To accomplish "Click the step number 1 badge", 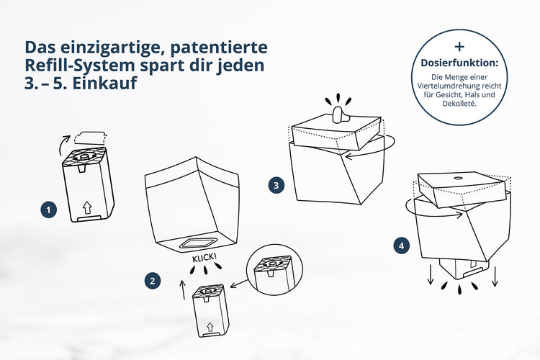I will point(48,210).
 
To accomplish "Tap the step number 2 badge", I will point(151,281).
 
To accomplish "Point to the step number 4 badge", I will point(401,246).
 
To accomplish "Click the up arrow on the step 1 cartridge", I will point(87,207).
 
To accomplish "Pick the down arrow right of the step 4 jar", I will point(497,276).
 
